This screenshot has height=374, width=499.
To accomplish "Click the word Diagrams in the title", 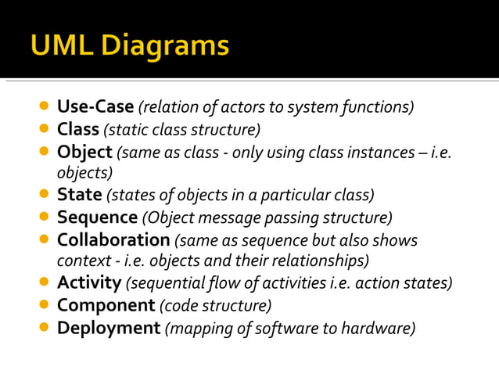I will (x=161, y=45).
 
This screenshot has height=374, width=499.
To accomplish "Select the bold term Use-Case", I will (x=95, y=106).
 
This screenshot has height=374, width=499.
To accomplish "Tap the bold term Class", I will (x=78, y=128).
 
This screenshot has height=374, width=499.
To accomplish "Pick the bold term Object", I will (x=84, y=150).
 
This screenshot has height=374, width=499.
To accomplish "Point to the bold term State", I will (x=79, y=194).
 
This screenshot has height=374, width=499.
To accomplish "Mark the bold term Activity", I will (x=89, y=282).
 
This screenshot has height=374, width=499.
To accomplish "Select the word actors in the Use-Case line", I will (x=236, y=106).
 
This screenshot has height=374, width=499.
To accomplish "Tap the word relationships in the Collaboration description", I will (x=318, y=261).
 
